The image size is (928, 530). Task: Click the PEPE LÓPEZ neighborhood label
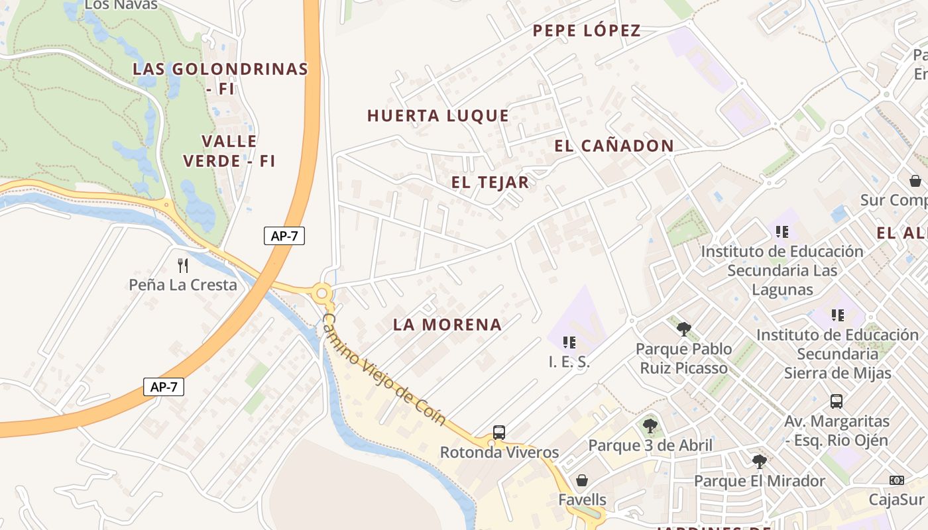coord(587,30)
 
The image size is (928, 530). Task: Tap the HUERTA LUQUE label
coord(438,116)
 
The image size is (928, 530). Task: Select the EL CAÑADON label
coord(614,146)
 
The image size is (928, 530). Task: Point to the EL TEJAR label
coord(491,183)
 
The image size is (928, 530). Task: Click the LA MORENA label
coord(447,325)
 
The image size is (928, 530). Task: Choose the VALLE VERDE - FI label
coord(229,150)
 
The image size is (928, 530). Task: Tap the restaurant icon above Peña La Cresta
coord(183,266)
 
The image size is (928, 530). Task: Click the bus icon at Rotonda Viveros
coord(499,433)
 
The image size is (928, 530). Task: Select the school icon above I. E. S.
coord(569,343)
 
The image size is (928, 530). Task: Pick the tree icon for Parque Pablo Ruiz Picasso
coord(684,329)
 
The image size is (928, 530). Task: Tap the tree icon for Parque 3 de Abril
coord(650,426)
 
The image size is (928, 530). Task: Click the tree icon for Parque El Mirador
coord(759,462)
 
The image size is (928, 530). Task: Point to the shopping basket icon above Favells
coord(581,480)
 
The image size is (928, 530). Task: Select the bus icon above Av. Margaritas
coord(837,401)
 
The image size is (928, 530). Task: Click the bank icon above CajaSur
coord(896,480)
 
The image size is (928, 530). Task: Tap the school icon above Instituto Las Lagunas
coord(782,232)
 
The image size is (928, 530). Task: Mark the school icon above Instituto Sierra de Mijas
coord(838,315)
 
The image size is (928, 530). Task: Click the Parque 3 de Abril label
coord(650,445)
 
